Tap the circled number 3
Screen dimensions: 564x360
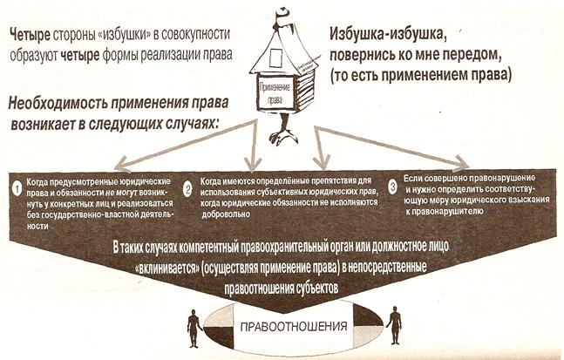tap(394, 186)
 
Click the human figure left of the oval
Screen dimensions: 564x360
tap(193, 329)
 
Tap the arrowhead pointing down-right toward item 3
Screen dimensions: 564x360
tap(466, 163)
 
